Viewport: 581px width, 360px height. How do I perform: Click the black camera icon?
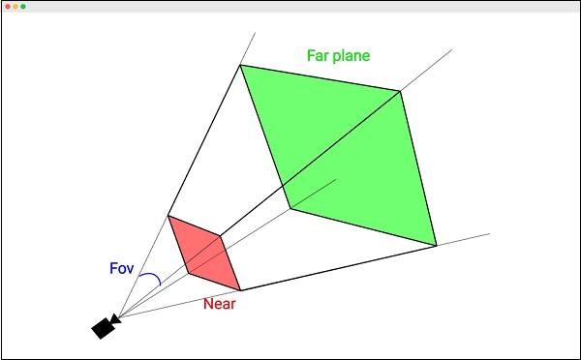point(104,327)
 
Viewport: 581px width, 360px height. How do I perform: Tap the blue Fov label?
point(121,268)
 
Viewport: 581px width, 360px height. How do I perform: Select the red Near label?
point(220,304)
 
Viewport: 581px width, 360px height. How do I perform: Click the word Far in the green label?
point(320,55)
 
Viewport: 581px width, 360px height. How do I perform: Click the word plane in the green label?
point(352,56)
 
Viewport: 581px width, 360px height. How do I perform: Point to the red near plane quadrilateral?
point(203,253)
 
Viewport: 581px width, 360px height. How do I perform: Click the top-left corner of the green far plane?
point(240,65)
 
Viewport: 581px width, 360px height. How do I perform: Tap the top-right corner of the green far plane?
point(400,91)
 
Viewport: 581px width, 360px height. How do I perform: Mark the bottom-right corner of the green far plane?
point(437,246)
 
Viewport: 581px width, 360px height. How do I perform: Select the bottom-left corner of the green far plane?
point(290,208)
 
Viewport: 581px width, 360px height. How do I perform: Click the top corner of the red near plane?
point(168,215)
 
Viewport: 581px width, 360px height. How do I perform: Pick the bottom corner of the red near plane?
point(240,290)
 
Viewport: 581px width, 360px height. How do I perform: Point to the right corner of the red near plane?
point(221,235)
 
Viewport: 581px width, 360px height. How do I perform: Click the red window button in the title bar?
point(8,7)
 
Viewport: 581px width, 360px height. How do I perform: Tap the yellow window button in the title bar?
point(15,7)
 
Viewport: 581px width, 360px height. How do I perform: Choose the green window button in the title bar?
point(23,7)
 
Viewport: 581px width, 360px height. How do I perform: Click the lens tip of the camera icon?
point(116,317)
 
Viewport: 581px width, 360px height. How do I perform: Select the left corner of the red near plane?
point(187,274)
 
